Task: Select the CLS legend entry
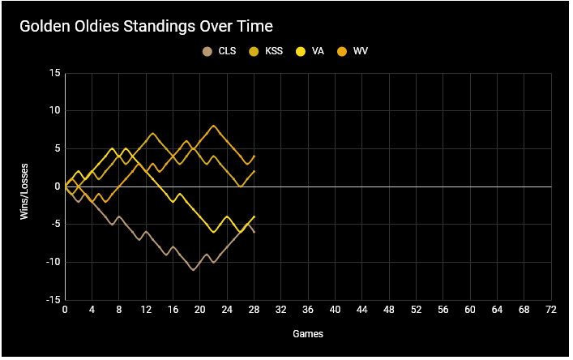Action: click(220, 52)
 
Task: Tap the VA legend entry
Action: click(312, 52)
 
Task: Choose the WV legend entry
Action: click(353, 52)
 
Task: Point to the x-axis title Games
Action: click(308, 332)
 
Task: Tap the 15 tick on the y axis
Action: click(55, 73)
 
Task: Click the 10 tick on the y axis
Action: click(55, 110)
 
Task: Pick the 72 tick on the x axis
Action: click(551, 309)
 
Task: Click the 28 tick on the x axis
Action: click(254, 309)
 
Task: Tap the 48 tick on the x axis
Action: click(389, 309)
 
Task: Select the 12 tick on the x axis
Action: click(146, 309)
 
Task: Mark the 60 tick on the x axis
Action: click(470, 309)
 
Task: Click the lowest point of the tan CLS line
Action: click(194, 269)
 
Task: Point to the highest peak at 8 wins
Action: click(213, 126)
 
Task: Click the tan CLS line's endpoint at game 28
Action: click(254, 232)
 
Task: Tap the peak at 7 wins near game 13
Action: click(152, 133)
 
